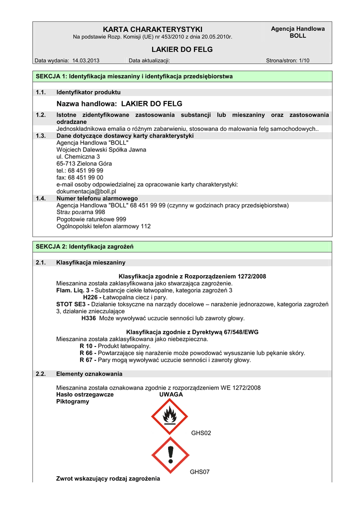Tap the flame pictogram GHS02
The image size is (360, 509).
(x=170, y=416)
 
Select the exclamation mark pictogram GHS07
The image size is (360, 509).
(x=170, y=454)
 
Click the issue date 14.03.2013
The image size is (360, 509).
(x=86, y=61)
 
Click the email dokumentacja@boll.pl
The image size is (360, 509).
(x=87, y=191)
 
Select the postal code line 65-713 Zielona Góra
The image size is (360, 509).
(x=85, y=164)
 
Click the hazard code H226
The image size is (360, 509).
(x=90, y=297)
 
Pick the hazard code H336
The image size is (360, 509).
(x=89, y=318)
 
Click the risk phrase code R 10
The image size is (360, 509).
(x=86, y=346)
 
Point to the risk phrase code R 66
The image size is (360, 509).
(x=86, y=353)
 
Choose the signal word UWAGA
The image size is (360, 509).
(x=171, y=395)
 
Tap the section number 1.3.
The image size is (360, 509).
(x=41, y=136)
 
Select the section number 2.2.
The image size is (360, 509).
(x=41, y=374)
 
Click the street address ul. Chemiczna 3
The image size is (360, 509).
(x=78, y=157)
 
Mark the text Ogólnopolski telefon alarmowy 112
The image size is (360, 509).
(x=103, y=226)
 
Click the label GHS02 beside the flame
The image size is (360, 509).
(x=201, y=433)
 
